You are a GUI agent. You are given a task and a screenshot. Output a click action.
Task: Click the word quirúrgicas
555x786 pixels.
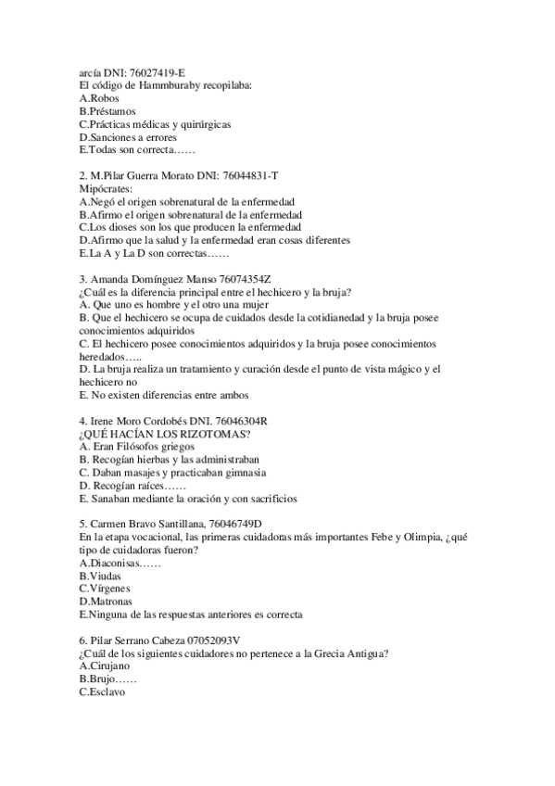[202, 123]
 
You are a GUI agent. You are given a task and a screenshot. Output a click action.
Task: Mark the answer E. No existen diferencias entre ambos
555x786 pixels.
[152, 395]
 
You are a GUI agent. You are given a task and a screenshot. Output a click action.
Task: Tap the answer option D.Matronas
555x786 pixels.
[107, 602]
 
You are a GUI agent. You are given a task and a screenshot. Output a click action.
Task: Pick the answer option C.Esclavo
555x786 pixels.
[104, 692]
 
